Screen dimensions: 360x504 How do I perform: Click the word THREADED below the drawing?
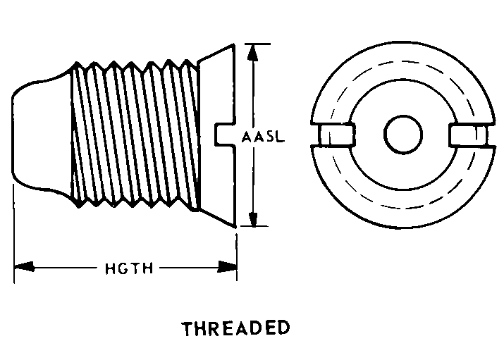(x=235, y=329)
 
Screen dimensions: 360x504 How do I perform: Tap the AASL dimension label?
(x=262, y=137)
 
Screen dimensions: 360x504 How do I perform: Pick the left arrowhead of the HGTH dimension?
(x=23, y=267)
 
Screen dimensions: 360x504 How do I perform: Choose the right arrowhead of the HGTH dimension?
(x=227, y=267)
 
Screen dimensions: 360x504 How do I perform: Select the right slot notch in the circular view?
(x=467, y=135)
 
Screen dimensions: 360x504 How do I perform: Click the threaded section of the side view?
(x=134, y=134)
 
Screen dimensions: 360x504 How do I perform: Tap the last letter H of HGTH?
(x=149, y=268)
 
